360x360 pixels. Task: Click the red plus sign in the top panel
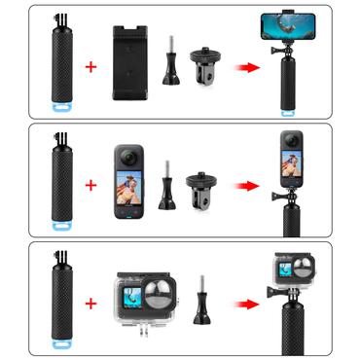pos(92,67)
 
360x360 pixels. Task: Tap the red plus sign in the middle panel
pos(92,184)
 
